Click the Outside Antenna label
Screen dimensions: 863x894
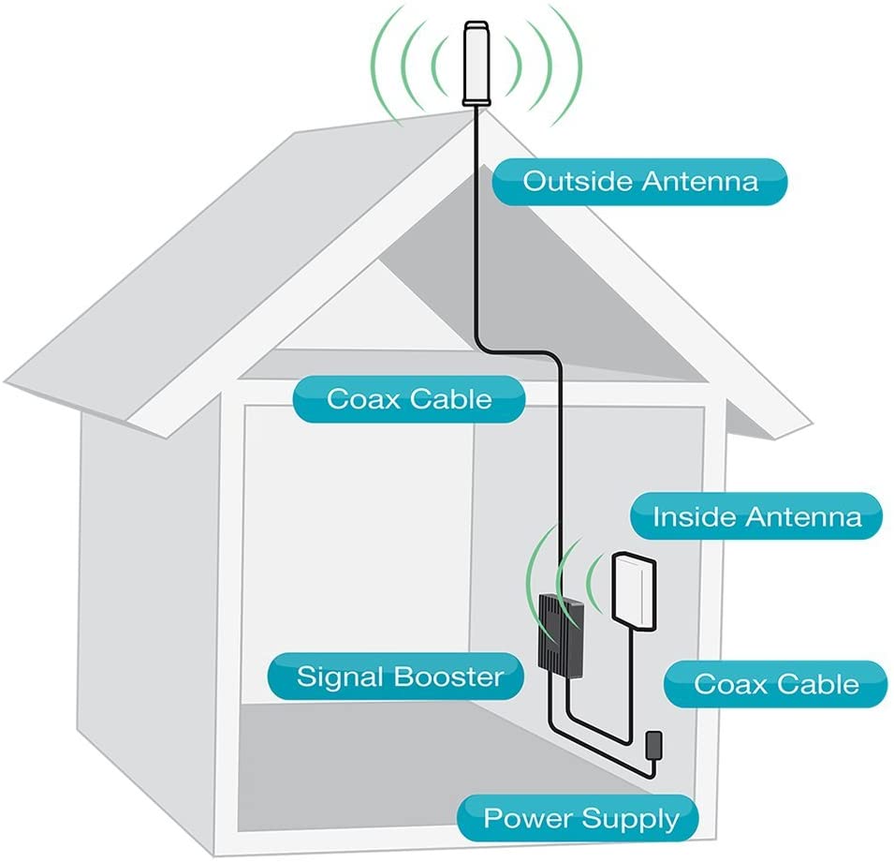tap(640, 181)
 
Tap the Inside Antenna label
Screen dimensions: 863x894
tap(756, 516)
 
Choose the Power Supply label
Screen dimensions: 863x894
tap(579, 818)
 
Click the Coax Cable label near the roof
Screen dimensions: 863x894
tap(408, 399)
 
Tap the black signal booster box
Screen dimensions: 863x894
tap(560, 633)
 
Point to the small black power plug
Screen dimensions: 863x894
tap(654, 747)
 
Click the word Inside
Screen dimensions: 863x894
tap(691, 516)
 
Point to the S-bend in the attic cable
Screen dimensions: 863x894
tap(524, 350)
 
